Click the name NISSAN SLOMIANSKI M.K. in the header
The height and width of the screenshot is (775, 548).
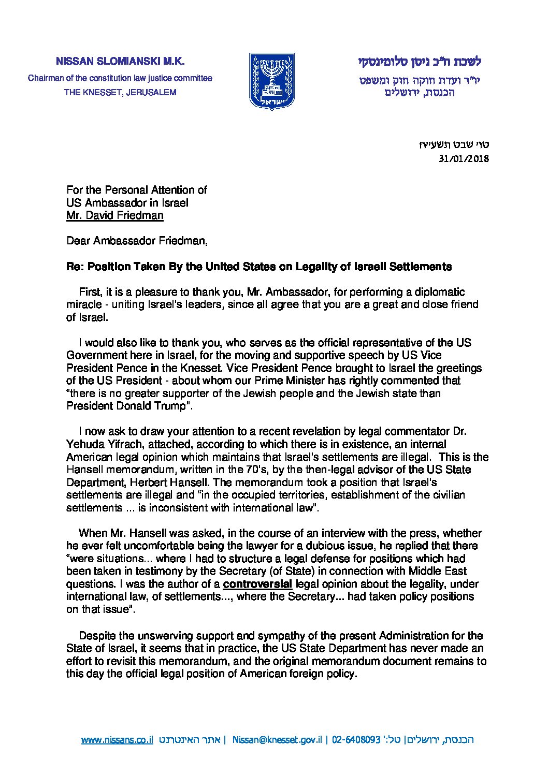[120, 61]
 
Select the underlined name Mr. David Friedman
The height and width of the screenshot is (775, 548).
[114, 215]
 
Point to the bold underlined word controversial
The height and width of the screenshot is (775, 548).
[257, 584]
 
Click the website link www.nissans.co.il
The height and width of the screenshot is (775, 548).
[117, 740]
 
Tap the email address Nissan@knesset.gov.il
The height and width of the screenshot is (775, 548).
[277, 740]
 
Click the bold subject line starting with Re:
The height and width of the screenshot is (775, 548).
[259, 267]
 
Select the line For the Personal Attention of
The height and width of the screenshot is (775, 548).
[137, 191]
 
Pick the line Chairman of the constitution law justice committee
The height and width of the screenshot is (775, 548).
[120, 78]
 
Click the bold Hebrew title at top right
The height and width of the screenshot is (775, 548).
[420, 61]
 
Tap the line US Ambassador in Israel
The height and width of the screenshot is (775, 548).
[127, 203]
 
